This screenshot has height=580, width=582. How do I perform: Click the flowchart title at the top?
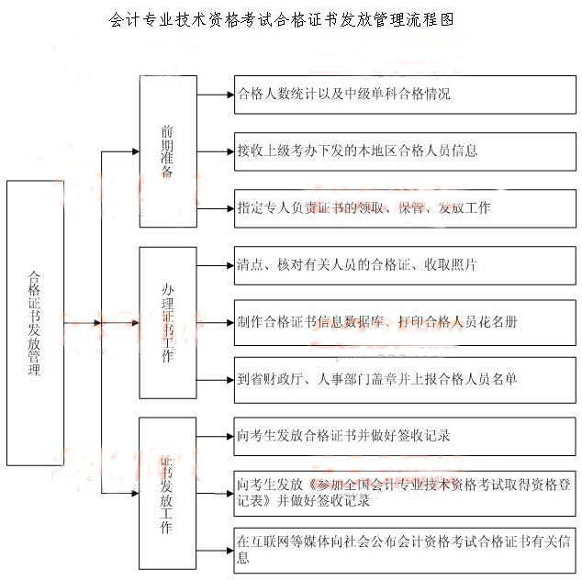point(281,18)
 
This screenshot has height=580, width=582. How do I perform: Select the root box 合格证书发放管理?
point(35,323)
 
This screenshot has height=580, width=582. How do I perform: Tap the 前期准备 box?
point(167,151)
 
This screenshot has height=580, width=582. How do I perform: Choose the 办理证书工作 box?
point(167,322)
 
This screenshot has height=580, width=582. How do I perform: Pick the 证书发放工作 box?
point(167,494)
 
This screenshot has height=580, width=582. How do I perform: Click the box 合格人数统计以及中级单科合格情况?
point(405,94)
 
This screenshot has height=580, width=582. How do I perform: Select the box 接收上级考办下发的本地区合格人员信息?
point(405,151)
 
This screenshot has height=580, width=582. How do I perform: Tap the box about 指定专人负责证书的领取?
point(405,208)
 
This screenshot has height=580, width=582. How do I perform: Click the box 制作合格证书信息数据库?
point(405,322)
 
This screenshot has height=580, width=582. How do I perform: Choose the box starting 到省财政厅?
point(405,379)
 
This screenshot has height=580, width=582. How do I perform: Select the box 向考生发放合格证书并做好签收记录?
point(405,437)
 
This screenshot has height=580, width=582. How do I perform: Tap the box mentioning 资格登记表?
point(405,493)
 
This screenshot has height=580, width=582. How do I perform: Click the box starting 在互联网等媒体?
point(405,550)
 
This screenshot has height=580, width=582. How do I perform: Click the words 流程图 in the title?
point(431,18)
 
